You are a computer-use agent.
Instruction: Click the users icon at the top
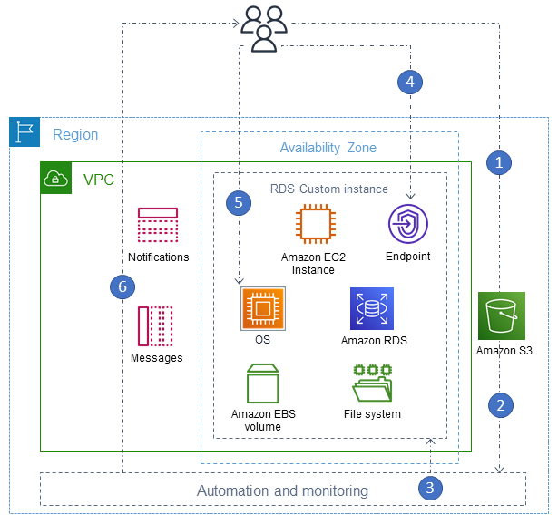click(264, 26)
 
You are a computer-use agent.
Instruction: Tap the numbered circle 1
click(500, 162)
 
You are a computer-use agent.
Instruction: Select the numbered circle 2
click(500, 404)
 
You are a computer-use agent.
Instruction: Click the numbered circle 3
click(431, 488)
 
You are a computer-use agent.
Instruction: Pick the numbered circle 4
click(410, 82)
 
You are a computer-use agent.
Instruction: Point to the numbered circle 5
click(239, 202)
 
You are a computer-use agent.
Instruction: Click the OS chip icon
click(263, 309)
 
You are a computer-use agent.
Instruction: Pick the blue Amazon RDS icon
click(372, 309)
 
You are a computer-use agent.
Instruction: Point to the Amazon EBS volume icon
click(262, 383)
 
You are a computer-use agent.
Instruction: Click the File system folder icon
click(372, 384)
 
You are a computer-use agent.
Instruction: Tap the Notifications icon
click(158, 226)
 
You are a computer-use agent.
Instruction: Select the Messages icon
click(155, 325)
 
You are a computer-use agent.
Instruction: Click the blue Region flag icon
click(24, 132)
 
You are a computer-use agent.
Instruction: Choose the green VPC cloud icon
click(56, 179)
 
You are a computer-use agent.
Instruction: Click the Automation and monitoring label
click(282, 490)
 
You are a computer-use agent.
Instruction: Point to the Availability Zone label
click(328, 148)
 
